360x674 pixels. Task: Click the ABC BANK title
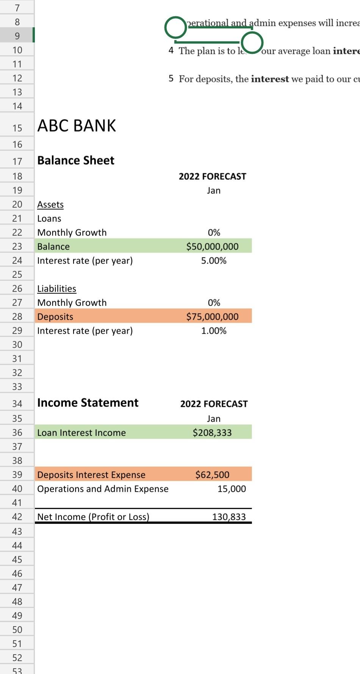pos(77,126)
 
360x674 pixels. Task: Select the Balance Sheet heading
pos(76,160)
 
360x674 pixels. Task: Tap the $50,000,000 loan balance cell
pos(212,246)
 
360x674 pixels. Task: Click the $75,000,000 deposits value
pos(212,317)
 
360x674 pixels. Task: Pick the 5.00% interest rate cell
pos(214,261)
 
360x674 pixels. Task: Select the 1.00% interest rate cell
pos(214,331)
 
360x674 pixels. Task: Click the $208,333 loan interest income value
pos(212,433)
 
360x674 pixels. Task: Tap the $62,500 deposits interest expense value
pos(212,475)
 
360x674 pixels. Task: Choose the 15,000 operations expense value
pos(232,489)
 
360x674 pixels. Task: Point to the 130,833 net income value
pos(229,517)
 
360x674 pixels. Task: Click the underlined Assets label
pos(50,205)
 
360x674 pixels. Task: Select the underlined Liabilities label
pos(56,289)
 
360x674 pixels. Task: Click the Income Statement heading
pos(88,403)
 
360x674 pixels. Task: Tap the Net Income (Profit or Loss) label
pos(93,517)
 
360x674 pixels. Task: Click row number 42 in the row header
pos(17,517)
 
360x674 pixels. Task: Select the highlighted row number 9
pos(17,36)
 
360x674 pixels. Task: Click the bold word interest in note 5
pos(270,79)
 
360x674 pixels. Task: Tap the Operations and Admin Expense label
pos(103,489)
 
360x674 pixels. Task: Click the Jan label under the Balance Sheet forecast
pos(214,191)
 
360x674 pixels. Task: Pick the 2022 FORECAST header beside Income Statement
pos(214,404)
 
